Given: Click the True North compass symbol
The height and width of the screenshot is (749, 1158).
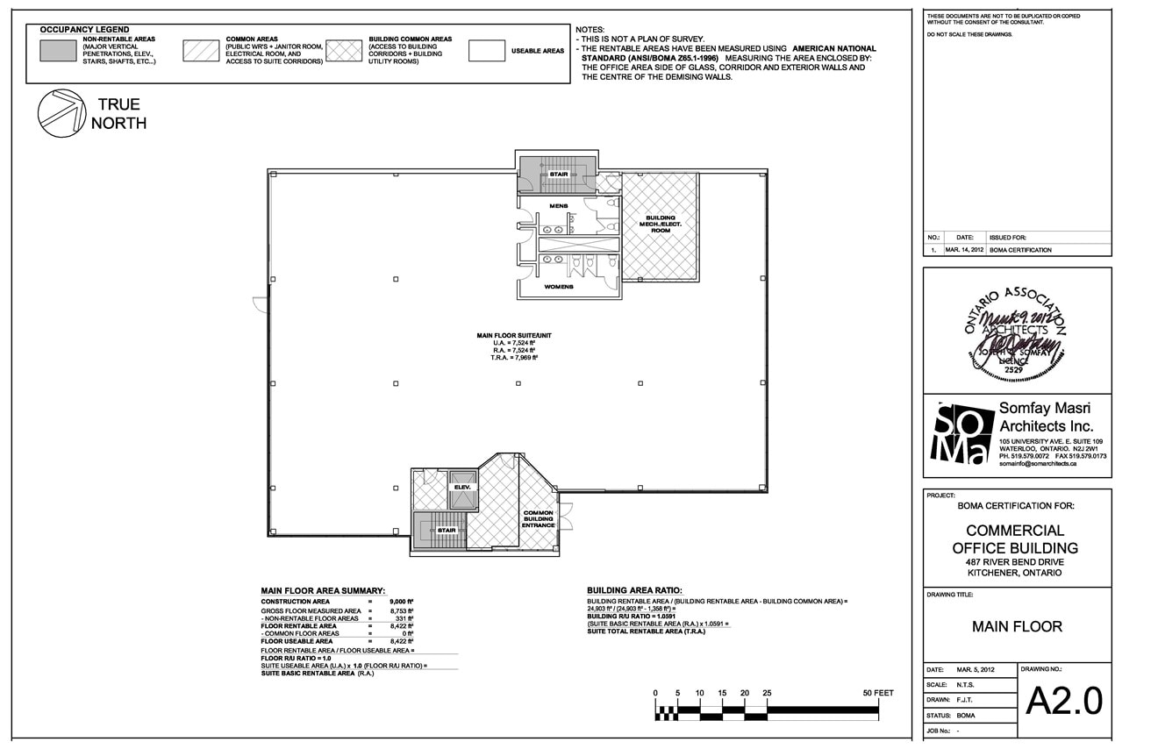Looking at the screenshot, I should pyautogui.click(x=61, y=113).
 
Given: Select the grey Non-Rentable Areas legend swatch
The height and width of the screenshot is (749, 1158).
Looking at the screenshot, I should pyautogui.click(x=59, y=51).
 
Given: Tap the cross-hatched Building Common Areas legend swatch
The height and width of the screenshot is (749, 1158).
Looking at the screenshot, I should pyautogui.click(x=343, y=51).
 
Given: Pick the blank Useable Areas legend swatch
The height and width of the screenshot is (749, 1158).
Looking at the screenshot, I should pyautogui.click(x=486, y=51).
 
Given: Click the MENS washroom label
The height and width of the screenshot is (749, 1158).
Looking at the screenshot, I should pyautogui.click(x=559, y=206).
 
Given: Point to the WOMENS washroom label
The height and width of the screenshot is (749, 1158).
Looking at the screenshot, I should pyautogui.click(x=559, y=287).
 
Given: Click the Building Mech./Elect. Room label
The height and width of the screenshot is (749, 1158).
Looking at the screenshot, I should pyautogui.click(x=660, y=225).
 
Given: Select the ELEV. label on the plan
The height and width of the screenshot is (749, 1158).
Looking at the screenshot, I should pyautogui.click(x=462, y=486).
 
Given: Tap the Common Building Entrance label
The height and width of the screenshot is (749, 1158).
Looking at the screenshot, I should pyautogui.click(x=539, y=519).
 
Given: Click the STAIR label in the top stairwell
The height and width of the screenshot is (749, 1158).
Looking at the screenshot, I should pyautogui.click(x=559, y=175).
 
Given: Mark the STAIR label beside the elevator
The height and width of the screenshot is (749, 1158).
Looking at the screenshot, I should pyautogui.click(x=447, y=531).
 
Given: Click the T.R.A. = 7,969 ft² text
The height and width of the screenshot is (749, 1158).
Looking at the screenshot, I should pyautogui.click(x=513, y=358).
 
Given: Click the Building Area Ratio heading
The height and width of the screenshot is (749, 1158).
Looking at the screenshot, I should pyautogui.click(x=634, y=590).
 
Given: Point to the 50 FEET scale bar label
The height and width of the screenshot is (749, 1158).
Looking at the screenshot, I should pyautogui.click(x=877, y=693).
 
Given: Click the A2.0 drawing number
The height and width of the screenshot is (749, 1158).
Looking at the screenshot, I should pyautogui.click(x=1063, y=701).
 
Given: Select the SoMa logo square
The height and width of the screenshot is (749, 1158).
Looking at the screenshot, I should pyautogui.click(x=960, y=432).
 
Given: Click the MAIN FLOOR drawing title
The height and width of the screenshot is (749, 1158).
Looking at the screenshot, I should pyautogui.click(x=1017, y=626).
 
